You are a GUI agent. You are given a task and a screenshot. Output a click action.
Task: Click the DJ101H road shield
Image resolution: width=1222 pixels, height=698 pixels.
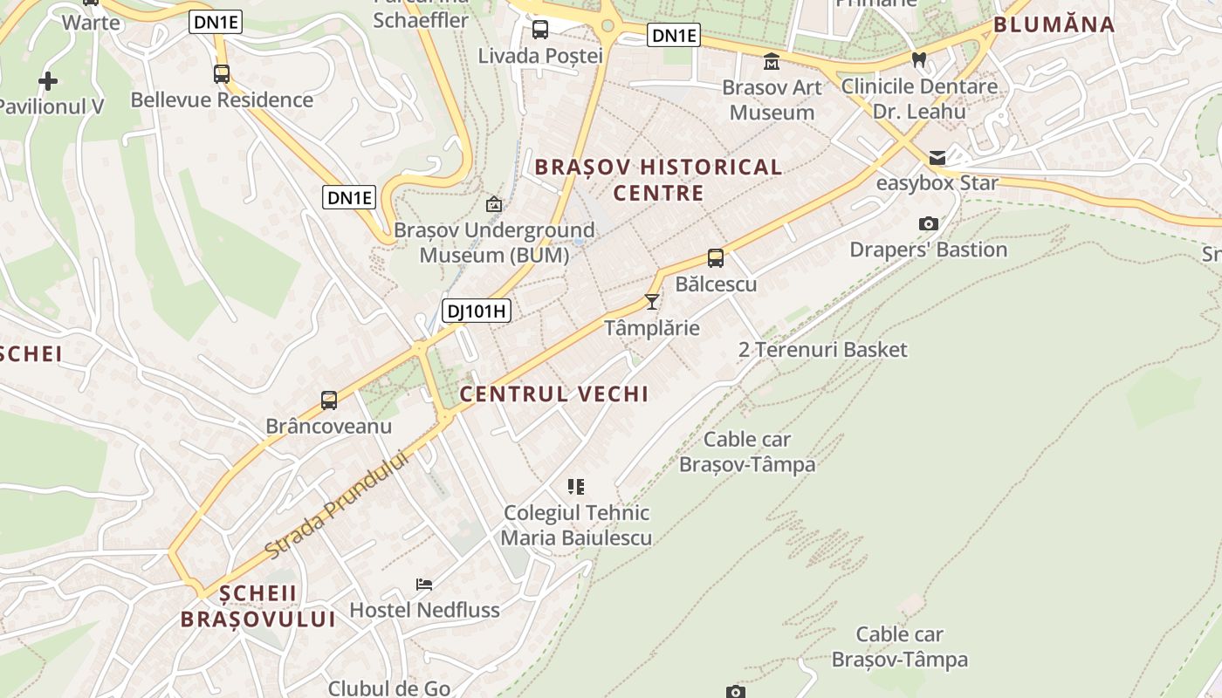(476, 311)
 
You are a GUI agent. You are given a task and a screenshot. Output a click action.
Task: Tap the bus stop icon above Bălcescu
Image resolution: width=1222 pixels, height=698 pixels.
(716, 258)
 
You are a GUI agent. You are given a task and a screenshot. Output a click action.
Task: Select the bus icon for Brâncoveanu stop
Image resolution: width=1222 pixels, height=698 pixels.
(329, 400)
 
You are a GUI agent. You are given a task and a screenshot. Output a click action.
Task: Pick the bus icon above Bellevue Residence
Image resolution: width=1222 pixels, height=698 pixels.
(222, 74)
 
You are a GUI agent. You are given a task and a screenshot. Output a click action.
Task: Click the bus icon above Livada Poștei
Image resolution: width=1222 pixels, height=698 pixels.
(540, 30)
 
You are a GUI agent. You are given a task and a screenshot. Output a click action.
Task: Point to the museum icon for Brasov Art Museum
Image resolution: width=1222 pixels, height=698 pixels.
(772, 62)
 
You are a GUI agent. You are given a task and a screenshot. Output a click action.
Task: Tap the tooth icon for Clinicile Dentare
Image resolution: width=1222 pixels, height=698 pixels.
(918, 60)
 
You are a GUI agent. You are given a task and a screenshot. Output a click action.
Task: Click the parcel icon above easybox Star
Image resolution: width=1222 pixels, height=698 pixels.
(937, 158)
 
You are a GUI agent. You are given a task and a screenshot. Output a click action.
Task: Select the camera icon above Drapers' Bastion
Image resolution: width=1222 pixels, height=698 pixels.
(929, 224)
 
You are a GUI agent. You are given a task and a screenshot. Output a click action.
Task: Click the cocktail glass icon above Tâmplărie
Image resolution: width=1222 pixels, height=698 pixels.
(651, 302)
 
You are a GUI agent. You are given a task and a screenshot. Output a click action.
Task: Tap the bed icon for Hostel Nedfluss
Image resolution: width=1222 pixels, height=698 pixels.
(424, 584)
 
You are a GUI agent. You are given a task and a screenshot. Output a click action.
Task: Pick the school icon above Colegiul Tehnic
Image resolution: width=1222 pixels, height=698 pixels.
(576, 486)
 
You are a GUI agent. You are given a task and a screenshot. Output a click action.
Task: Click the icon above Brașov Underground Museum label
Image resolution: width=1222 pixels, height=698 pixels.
(494, 204)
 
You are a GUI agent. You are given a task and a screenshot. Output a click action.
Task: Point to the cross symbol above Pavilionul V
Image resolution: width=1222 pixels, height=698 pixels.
(48, 81)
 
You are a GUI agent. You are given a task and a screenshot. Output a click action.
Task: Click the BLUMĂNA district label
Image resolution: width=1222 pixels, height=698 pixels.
(1054, 24)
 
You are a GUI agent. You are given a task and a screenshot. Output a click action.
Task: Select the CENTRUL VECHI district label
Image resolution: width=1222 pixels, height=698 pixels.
(554, 394)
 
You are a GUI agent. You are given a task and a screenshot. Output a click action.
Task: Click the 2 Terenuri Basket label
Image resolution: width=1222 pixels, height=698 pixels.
(823, 350)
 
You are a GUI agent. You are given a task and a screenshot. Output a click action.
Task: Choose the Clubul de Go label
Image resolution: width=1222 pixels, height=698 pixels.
(389, 688)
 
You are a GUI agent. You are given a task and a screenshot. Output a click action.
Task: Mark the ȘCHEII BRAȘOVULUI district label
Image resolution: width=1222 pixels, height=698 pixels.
(258, 606)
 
